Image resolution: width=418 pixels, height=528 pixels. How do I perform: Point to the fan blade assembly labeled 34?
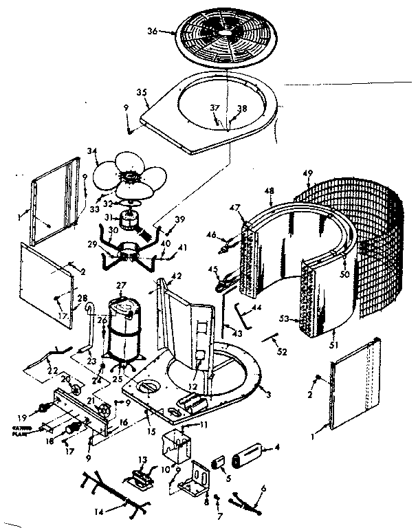click(x=131, y=175)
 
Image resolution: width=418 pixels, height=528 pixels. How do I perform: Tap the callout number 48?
click(x=269, y=190)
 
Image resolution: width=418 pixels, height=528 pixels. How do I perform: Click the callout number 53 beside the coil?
click(x=285, y=318)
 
